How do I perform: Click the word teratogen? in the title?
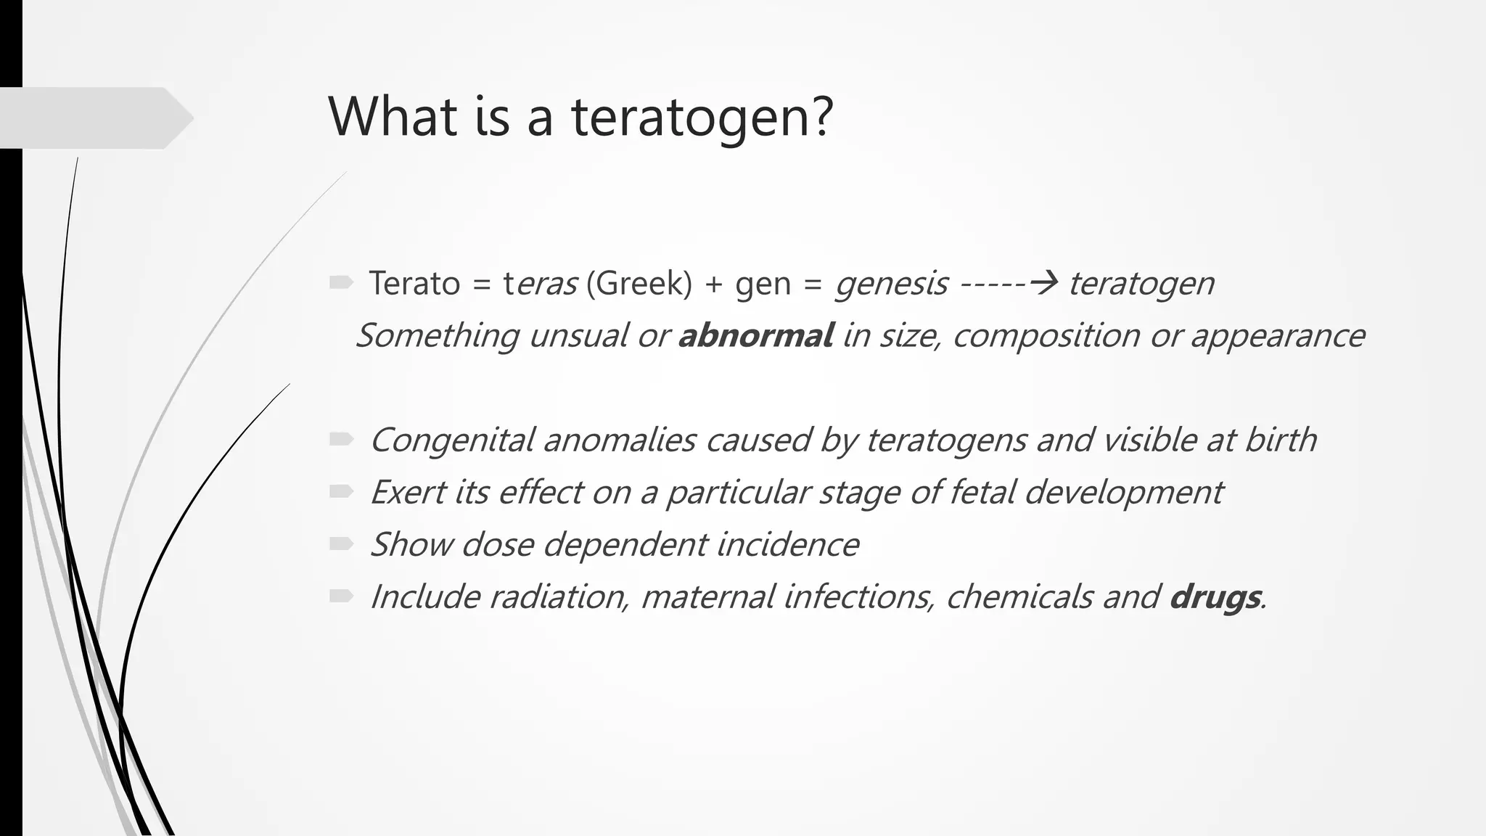tap(702, 118)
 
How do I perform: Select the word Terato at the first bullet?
tap(414, 283)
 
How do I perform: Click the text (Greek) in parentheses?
tap(639, 283)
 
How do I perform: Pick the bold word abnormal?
tap(755, 336)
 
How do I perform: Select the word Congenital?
tap(451, 440)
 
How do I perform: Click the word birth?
tap(1280, 440)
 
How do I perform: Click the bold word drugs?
tap(1215, 597)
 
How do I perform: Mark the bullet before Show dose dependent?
tap(340, 544)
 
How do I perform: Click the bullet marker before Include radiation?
tap(340, 596)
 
